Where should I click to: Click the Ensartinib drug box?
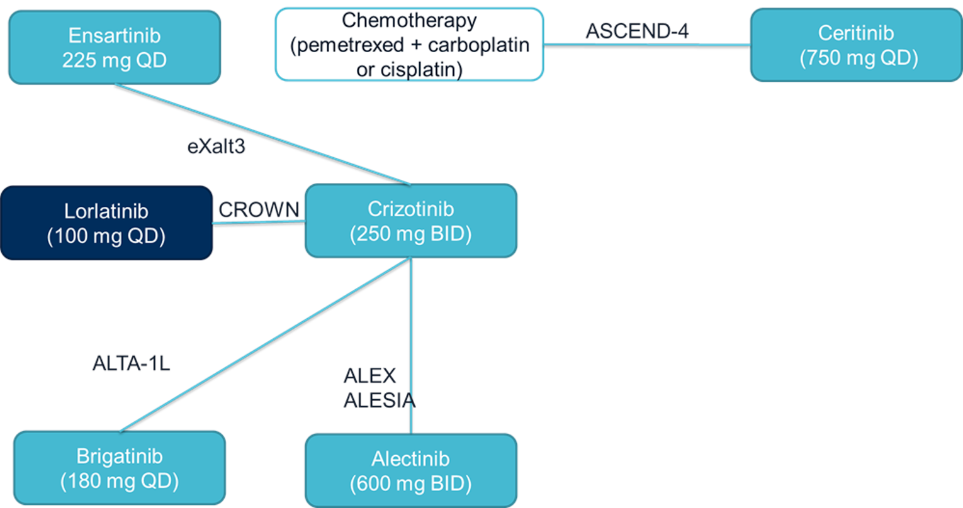click(114, 47)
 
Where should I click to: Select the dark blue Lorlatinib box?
click(106, 223)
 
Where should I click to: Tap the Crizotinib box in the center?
click(410, 221)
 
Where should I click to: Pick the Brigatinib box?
click(119, 468)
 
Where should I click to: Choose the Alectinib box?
click(410, 470)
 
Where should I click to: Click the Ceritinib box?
click(856, 45)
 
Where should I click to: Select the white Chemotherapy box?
click(409, 45)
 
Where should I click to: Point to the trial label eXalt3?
click(216, 146)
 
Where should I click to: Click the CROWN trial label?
click(259, 209)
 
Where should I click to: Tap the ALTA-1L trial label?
click(131, 363)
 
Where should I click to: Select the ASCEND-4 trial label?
click(637, 31)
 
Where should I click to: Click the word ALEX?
click(369, 376)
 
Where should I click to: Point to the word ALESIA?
click(379, 400)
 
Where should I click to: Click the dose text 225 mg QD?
click(114, 60)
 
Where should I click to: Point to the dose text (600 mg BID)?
click(410, 483)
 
